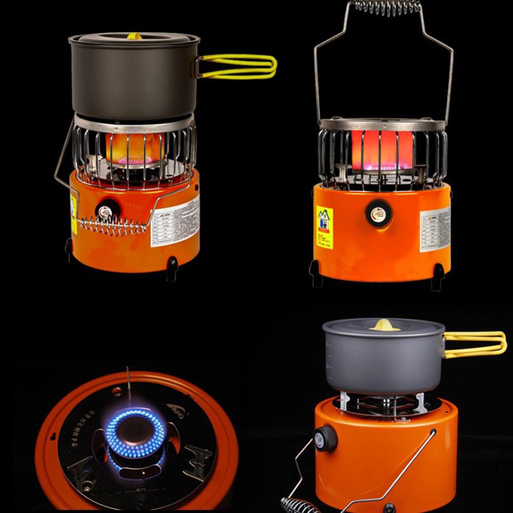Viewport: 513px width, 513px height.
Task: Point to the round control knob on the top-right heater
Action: point(378,213)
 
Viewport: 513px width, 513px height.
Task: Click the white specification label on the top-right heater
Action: point(435,229)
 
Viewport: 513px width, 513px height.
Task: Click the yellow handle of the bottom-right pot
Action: point(475,344)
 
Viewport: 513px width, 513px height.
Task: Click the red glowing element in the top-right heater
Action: point(382,149)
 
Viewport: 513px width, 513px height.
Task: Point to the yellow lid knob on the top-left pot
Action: point(134,36)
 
